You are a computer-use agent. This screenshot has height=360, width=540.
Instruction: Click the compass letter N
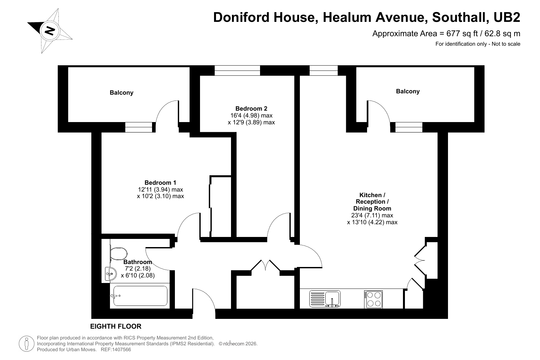pyautogui.click(x=50, y=31)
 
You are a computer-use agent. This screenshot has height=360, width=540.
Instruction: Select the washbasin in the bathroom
pyautogui.click(x=111, y=274)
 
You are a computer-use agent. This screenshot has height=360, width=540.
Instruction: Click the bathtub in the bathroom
pyautogui.click(x=140, y=296)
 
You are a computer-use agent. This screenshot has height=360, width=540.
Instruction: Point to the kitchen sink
pyautogui.click(x=325, y=299)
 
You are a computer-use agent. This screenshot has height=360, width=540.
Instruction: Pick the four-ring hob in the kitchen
pyautogui.click(x=373, y=299)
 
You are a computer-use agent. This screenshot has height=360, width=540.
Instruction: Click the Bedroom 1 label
pyautogui.click(x=160, y=182)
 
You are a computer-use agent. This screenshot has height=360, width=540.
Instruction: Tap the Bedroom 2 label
pyautogui.click(x=252, y=108)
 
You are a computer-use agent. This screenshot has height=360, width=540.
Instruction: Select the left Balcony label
pyautogui.click(x=121, y=93)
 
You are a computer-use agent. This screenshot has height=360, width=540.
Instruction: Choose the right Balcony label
pyautogui.click(x=408, y=91)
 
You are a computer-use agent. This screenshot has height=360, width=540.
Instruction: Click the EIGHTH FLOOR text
pyautogui.click(x=116, y=326)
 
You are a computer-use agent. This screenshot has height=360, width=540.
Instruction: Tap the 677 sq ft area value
pyautogui.click(x=462, y=34)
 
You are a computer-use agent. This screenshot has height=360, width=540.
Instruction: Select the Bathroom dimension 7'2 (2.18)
pyautogui.click(x=138, y=268)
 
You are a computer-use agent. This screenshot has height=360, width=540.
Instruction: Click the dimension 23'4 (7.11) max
pyautogui.click(x=372, y=215)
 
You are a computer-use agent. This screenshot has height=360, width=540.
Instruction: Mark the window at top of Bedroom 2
pyautogui.click(x=237, y=70)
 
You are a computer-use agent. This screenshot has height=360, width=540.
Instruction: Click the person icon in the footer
pyautogui.click(x=26, y=344)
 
